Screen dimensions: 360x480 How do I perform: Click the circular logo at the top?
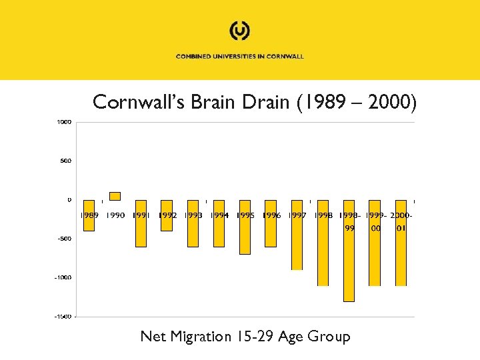pos(240,31)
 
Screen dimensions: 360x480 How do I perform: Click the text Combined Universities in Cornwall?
pos(240,57)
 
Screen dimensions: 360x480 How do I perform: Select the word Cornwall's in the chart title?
pos(137,102)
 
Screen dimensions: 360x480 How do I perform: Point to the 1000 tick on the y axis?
pos(65,122)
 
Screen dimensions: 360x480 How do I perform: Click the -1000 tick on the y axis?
pos(63,277)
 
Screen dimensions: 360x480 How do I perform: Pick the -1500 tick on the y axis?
pos(63,316)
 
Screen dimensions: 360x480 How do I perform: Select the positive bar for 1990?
pos(115,196)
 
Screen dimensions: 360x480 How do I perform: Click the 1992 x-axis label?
pos(167,215)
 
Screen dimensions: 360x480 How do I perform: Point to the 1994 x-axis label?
pos(219,215)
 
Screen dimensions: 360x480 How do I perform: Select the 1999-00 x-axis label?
pos(375,221)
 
